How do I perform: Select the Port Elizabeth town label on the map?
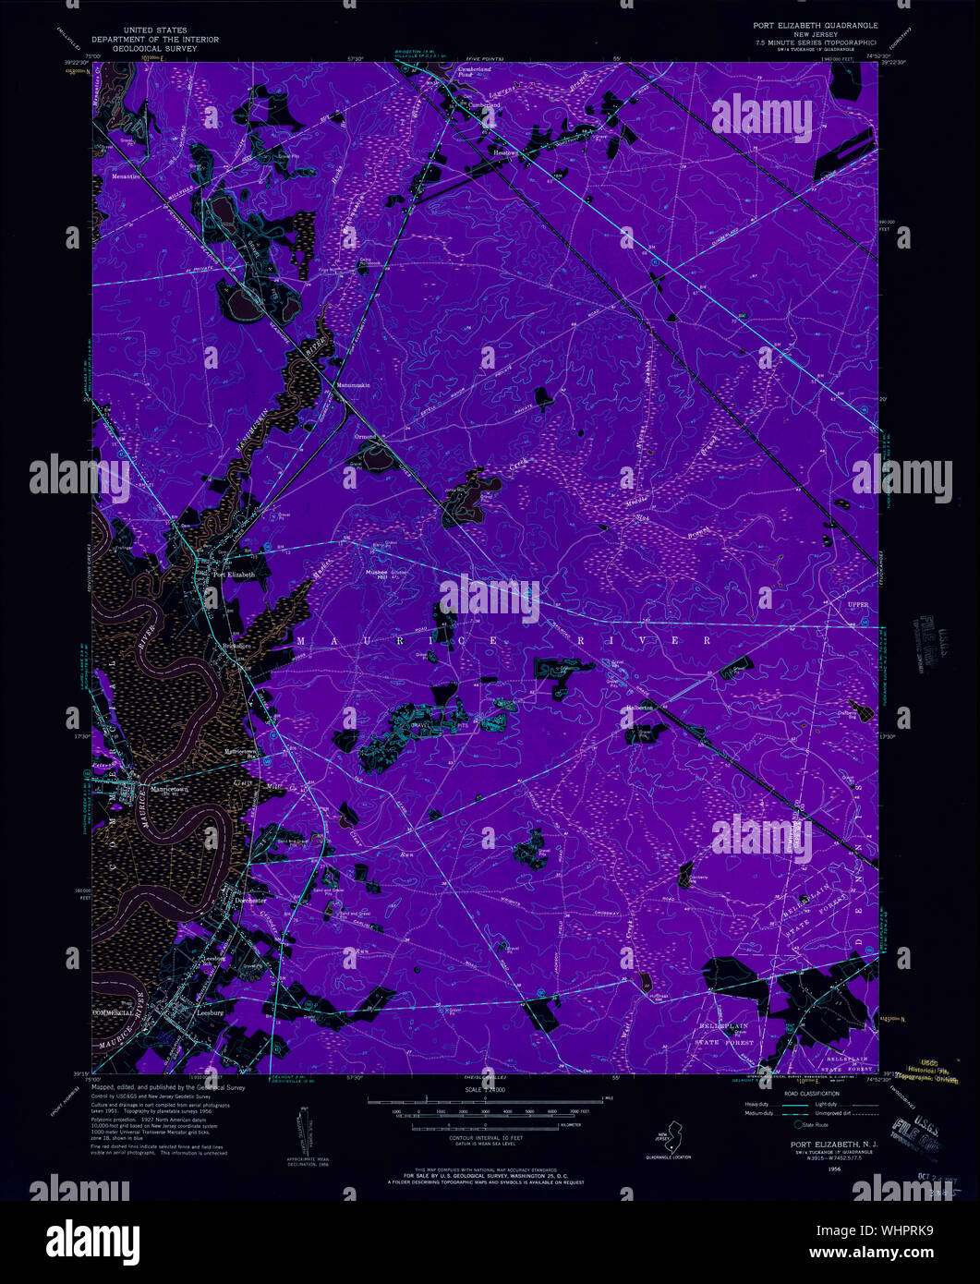pyautogui.click(x=233, y=575)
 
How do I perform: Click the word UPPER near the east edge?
pyautogui.click(x=859, y=605)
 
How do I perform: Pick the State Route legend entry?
pyautogui.click(x=815, y=1124)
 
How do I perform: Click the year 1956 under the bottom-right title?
pyautogui.click(x=834, y=1168)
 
